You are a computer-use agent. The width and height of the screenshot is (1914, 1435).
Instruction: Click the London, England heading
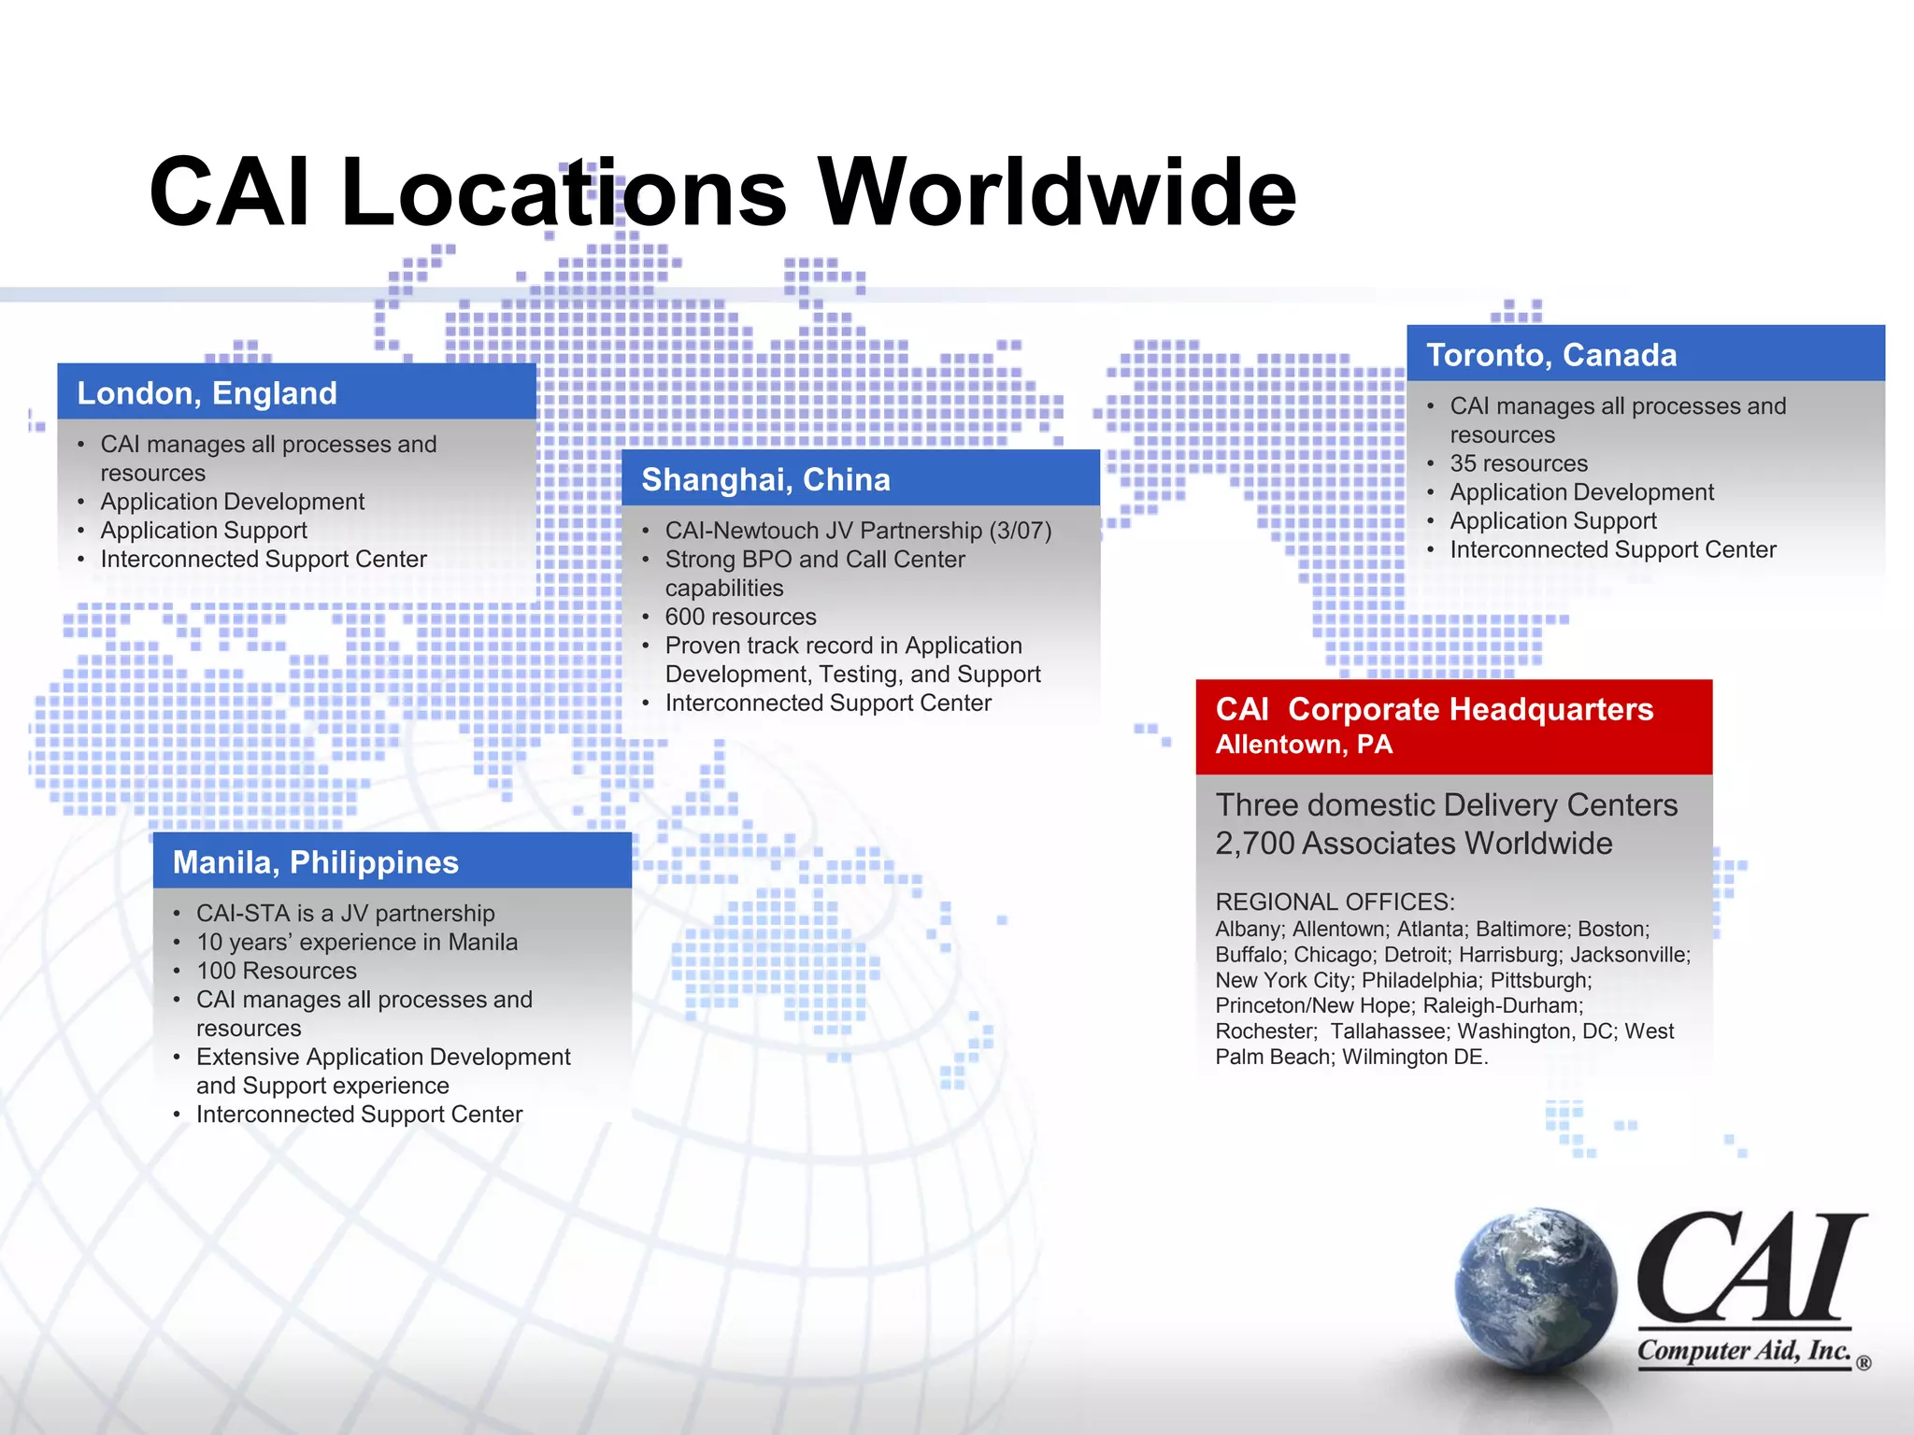point(207,393)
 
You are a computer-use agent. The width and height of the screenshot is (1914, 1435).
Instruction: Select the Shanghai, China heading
point(765,479)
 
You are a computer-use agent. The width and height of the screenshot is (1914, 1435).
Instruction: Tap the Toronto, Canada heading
point(1551,355)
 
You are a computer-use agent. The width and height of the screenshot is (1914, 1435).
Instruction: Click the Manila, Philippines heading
point(316,862)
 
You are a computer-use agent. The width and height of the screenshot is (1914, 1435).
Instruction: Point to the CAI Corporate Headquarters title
point(1434,709)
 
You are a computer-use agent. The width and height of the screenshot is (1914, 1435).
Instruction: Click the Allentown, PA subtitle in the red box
point(1304,745)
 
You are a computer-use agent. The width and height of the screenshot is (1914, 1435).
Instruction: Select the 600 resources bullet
point(740,617)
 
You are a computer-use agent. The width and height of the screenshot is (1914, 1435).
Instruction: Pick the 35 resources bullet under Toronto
point(1519,463)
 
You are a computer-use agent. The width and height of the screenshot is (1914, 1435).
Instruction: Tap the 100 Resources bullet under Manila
point(277,971)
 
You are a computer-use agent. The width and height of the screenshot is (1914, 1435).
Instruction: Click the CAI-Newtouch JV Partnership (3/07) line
point(858,531)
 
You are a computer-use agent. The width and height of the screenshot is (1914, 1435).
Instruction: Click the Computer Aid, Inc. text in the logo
point(1744,1351)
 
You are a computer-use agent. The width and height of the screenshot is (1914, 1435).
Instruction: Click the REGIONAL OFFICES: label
point(1335,902)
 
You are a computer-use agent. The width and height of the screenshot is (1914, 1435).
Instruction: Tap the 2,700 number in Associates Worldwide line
point(1253,844)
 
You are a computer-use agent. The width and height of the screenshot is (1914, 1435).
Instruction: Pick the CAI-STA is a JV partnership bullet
point(345,913)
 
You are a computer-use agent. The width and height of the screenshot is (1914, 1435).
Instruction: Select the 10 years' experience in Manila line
point(356,942)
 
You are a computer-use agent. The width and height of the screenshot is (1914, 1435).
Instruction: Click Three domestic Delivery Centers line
point(1446,805)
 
